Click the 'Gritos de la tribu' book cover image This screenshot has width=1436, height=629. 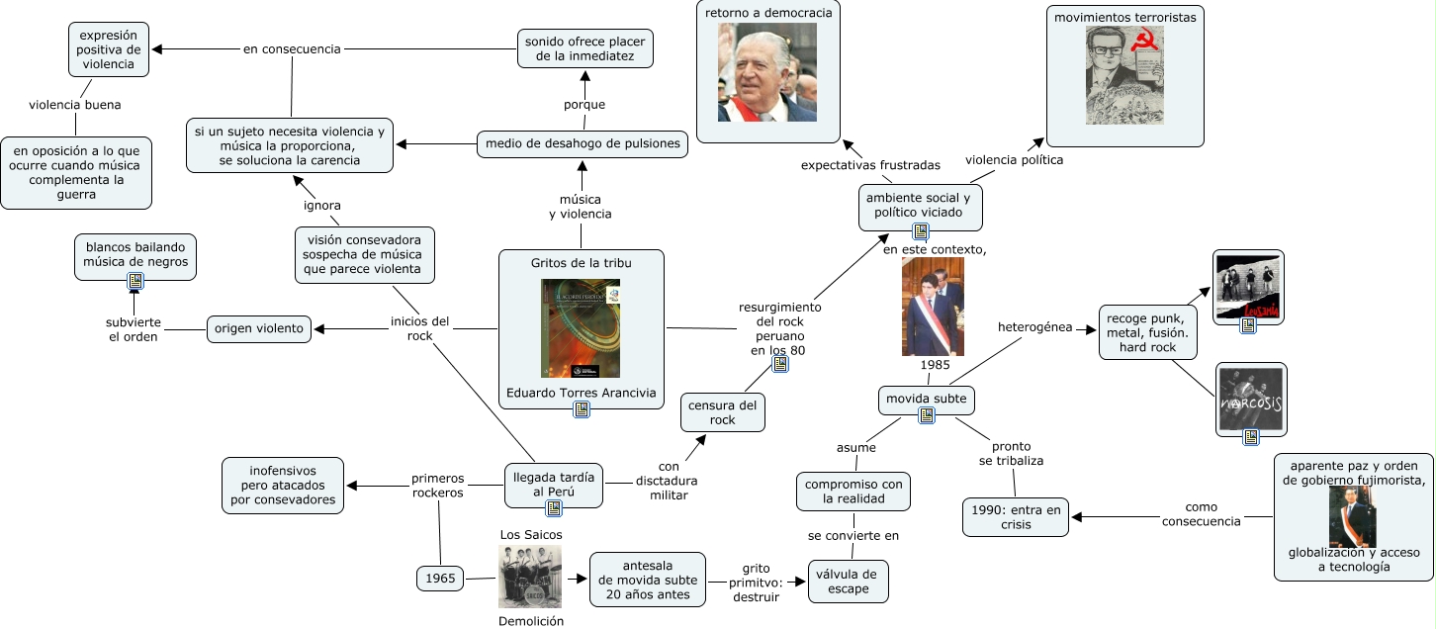[x=581, y=328]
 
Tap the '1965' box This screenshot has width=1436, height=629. [x=440, y=579]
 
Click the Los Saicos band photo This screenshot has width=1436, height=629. [x=529, y=577]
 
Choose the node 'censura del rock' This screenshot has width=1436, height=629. [x=723, y=412]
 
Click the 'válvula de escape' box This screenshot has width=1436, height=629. [x=849, y=582]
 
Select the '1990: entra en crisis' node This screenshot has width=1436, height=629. [x=1016, y=517]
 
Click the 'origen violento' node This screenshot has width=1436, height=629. [x=258, y=329]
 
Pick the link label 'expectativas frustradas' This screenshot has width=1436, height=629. [x=870, y=164]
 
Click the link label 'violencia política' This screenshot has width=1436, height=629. [x=1014, y=159]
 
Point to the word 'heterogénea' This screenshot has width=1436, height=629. [x=1034, y=326]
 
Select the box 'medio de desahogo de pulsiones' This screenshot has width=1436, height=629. [x=583, y=144]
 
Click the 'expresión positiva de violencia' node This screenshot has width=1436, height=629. [x=109, y=49]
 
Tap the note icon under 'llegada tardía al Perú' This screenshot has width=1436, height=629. [x=554, y=508]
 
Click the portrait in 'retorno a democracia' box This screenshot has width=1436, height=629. [x=767, y=72]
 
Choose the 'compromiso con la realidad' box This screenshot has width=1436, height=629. [x=853, y=492]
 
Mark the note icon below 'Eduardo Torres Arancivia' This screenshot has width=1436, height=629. [x=582, y=409]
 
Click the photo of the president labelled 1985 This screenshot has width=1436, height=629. [x=933, y=307]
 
